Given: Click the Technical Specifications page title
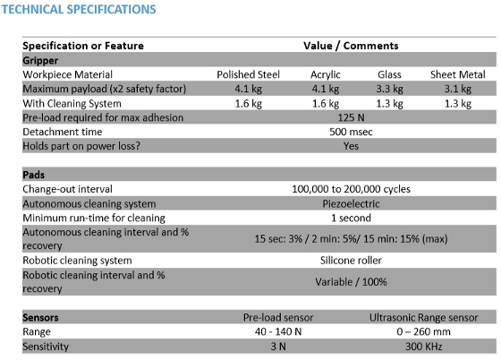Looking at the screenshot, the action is coord(79,9).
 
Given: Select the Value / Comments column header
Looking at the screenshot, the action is coord(351,46).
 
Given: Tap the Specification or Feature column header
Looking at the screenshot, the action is coord(83,46).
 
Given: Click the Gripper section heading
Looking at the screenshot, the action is coord(40,60).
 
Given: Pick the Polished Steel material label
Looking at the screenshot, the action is coord(249,74).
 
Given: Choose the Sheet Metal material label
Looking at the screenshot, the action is coord(457,74).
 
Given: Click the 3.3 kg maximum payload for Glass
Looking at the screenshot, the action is coord(389,89).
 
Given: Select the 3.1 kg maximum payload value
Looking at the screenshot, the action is coord(458,89).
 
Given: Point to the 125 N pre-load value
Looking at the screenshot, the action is coord(351,117).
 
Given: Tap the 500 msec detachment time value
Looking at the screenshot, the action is coord(351,132).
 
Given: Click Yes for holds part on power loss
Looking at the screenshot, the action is coord(351,146).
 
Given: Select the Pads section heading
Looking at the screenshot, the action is coord(34,175).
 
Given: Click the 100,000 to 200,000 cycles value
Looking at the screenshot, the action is coord(351,189).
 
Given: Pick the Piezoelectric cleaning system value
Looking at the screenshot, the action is coord(351,203).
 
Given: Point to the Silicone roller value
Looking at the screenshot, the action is coord(351,261).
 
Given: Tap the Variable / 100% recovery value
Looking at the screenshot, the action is coord(351,282).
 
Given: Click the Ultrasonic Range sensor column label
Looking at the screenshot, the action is coord(424,318).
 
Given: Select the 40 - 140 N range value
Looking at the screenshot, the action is coord(278,331).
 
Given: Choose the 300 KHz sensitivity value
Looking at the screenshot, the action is coord(424,347).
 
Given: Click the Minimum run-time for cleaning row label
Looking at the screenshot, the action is coord(94,218).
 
